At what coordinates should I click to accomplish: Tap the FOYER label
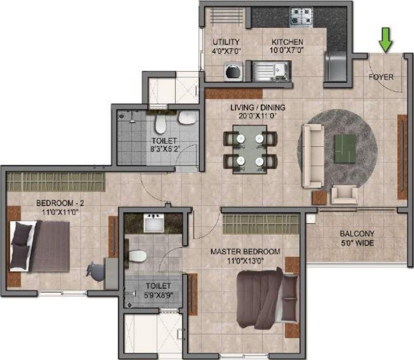(381, 77)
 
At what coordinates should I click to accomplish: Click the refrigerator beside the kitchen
(335, 67)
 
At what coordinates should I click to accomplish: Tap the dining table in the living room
(249, 149)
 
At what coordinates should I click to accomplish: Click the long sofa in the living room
(311, 155)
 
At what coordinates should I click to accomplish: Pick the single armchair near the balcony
(345, 194)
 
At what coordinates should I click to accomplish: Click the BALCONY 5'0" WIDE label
(356, 238)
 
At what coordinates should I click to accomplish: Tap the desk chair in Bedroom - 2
(95, 271)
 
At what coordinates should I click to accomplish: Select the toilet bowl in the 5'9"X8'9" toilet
(137, 255)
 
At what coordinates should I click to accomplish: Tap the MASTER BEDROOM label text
(245, 252)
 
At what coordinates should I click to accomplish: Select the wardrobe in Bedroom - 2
(55, 182)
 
